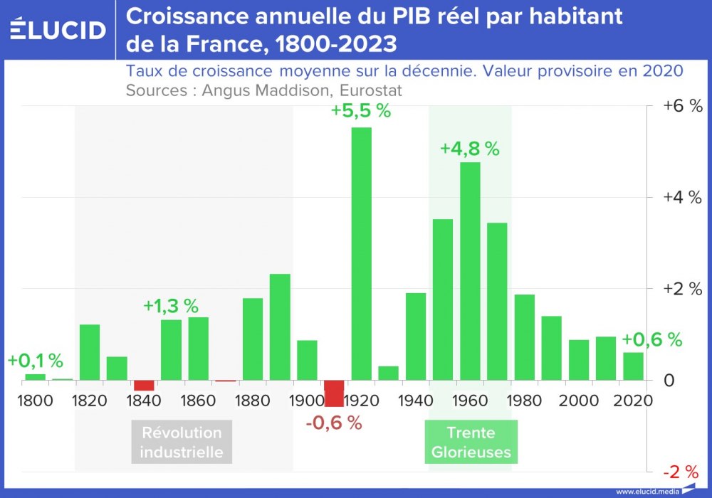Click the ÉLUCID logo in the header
click(x=58, y=30)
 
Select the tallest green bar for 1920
click(x=361, y=253)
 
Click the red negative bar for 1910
click(x=334, y=393)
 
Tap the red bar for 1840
click(x=144, y=385)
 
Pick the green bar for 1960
click(x=470, y=270)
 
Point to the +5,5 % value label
click(x=360, y=112)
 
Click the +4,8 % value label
click(x=469, y=149)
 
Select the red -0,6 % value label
click(x=334, y=423)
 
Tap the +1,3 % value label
click(x=171, y=306)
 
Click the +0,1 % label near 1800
click(x=36, y=361)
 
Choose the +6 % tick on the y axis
click(x=682, y=106)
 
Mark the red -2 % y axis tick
click(x=682, y=472)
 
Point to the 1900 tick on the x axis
click(x=307, y=401)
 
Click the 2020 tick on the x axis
click(x=634, y=401)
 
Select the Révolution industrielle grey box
click(x=182, y=442)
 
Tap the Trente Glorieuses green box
click(x=471, y=442)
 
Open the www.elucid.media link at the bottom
click(x=646, y=492)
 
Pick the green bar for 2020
click(x=633, y=366)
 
